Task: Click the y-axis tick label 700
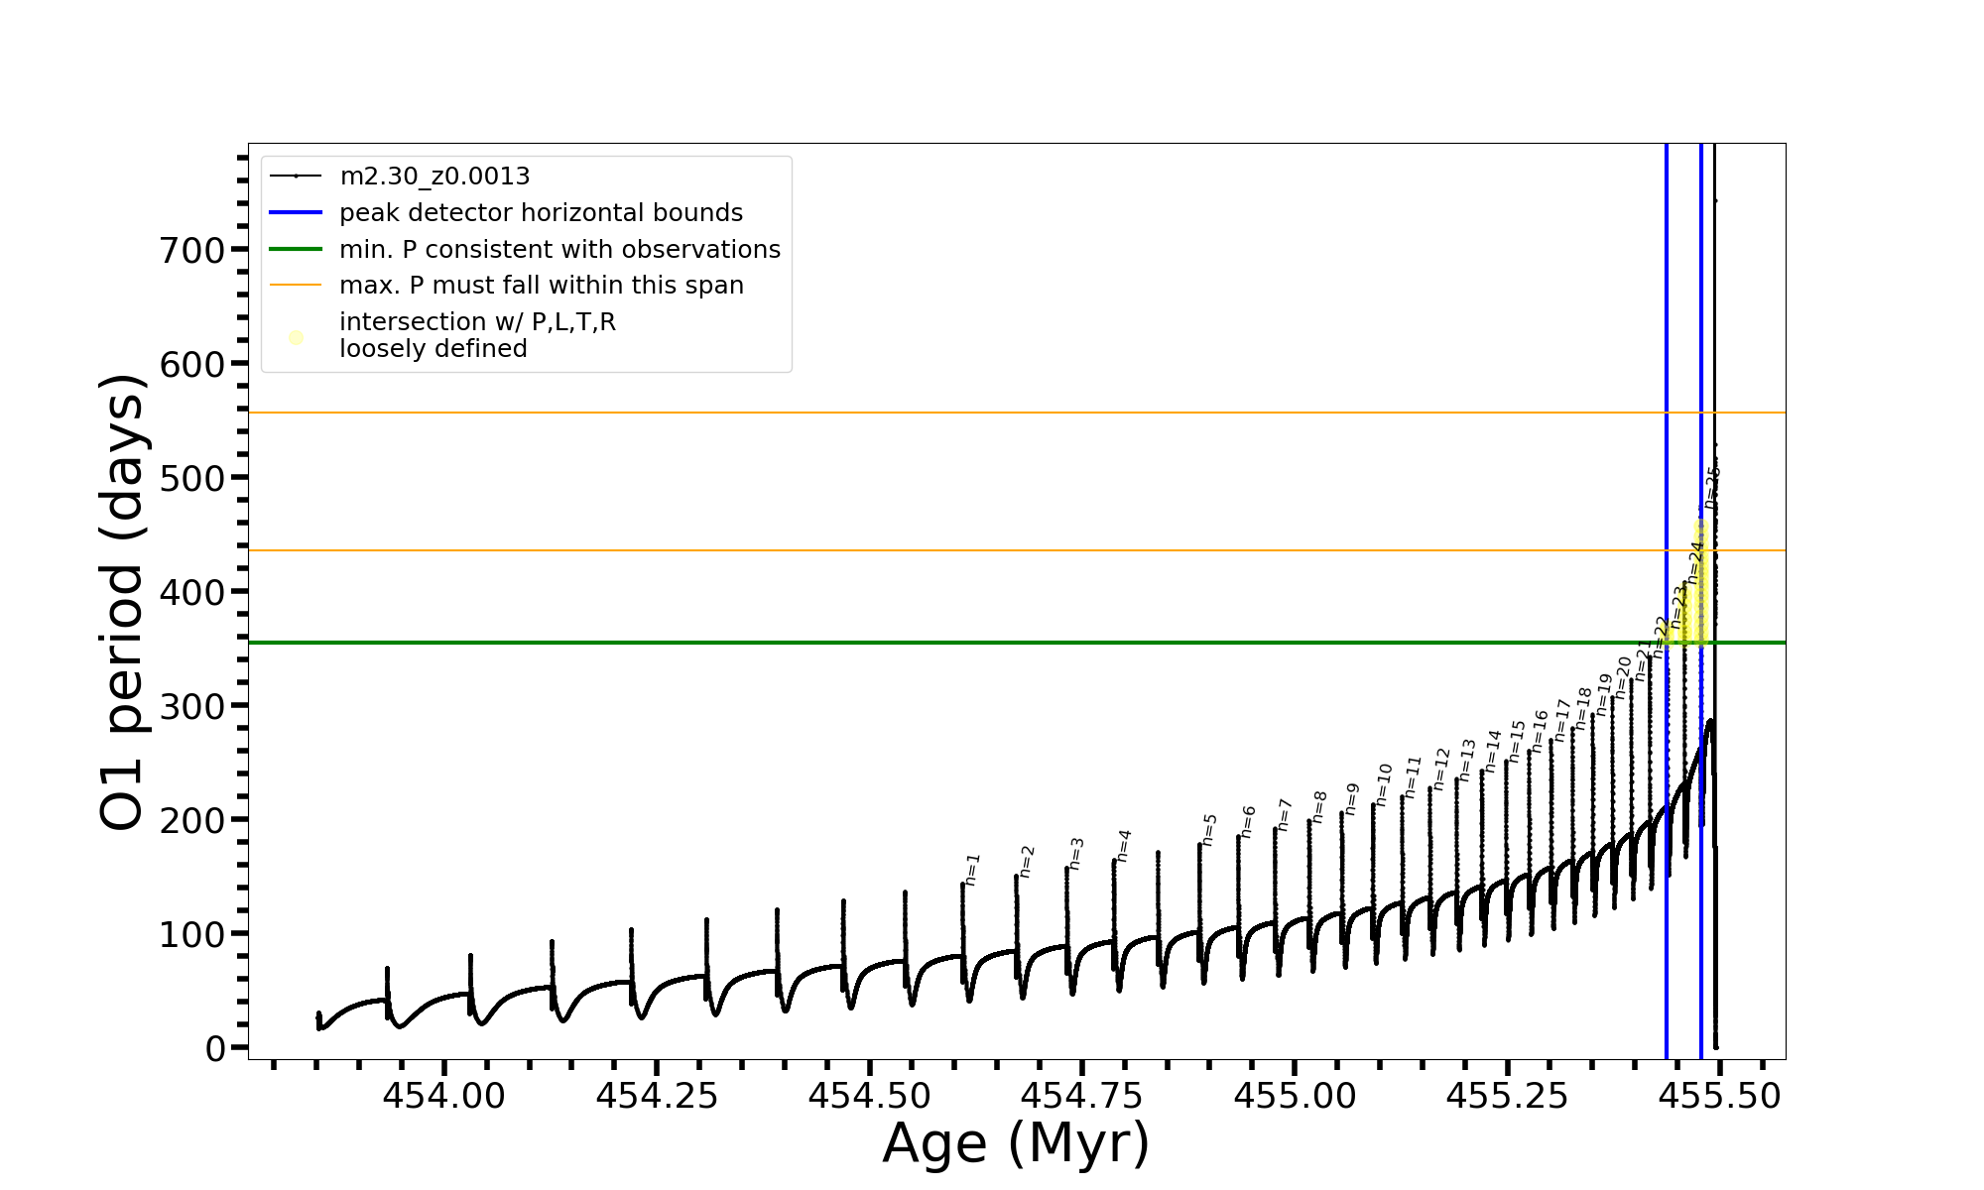(192, 251)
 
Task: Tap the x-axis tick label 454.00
(443, 1096)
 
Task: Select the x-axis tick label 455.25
(1507, 1096)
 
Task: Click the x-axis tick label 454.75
(1081, 1096)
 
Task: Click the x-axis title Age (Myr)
(1016, 1144)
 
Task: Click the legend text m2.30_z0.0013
(434, 177)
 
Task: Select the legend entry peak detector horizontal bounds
(541, 213)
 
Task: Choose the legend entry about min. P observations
(559, 250)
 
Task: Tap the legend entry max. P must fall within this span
(541, 286)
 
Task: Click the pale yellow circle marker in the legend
(296, 338)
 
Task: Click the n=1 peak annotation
(972, 869)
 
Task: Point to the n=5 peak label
(1209, 830)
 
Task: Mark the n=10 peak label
(1384, 784)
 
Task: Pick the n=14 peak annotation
(1493, 752)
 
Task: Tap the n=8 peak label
(1319, 807)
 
